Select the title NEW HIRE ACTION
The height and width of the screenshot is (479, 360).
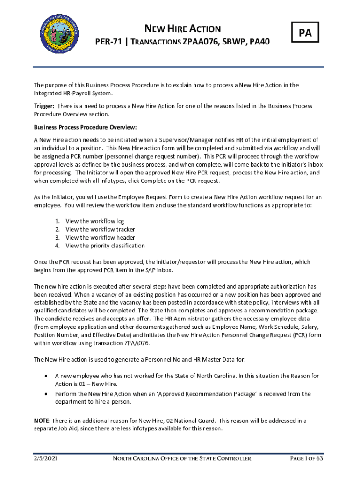(x=182, y=29)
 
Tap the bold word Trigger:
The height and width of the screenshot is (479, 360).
(x=44, y=106)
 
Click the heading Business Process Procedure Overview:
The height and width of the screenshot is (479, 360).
(x=85, y=127)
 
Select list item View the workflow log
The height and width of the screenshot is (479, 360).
(x=94, y=221)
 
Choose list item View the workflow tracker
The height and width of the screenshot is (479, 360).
(x=100, y=229)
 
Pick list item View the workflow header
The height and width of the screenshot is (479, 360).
(x=100, y=238)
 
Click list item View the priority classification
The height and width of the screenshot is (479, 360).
(x=105, y=246)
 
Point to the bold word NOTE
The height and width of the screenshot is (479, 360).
(x=42, y=421)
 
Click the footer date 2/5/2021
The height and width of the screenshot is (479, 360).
(x=45, y=458)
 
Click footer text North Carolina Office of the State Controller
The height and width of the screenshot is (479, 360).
(x=182, y=458)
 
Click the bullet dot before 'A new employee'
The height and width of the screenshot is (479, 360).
(x=45, y=376)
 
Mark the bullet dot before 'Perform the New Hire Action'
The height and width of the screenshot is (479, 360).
(x=45, y=394)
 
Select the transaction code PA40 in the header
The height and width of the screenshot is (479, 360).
(x=259, y=43)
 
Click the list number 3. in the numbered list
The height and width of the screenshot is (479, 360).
(x=58, y=238)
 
